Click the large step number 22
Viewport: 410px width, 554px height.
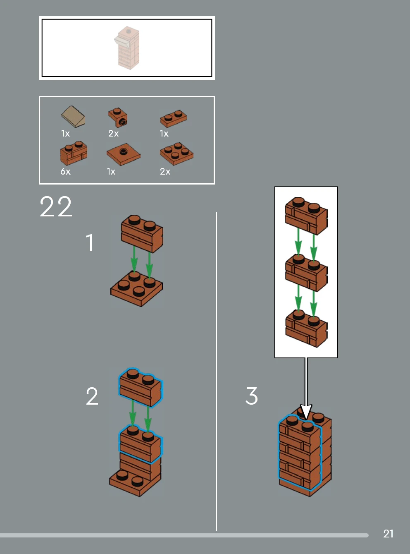click(56, 206)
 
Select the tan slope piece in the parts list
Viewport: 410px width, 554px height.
click(73, 116)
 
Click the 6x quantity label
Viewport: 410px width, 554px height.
click(65, 171)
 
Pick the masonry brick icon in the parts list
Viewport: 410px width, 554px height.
click(74, 153)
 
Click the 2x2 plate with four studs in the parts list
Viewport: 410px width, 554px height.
click(176, 154)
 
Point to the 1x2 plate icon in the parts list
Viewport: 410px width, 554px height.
click(174, 118)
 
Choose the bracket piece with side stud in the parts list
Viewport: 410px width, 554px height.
click(118, 117)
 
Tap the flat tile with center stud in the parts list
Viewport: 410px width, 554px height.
click(124, 154)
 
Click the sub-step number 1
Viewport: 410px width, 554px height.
click(90, 242)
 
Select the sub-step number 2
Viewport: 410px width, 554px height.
click(92, 396)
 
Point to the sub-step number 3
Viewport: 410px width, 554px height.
click(251, 396)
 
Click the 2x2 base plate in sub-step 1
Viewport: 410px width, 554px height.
click(137, 289)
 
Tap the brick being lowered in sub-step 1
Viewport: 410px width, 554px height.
click(142, 234)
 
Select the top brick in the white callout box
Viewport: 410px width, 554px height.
click(306, 216)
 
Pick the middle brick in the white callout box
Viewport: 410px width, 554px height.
click(306, 273)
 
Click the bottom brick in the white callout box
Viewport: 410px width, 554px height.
click(306, 329)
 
